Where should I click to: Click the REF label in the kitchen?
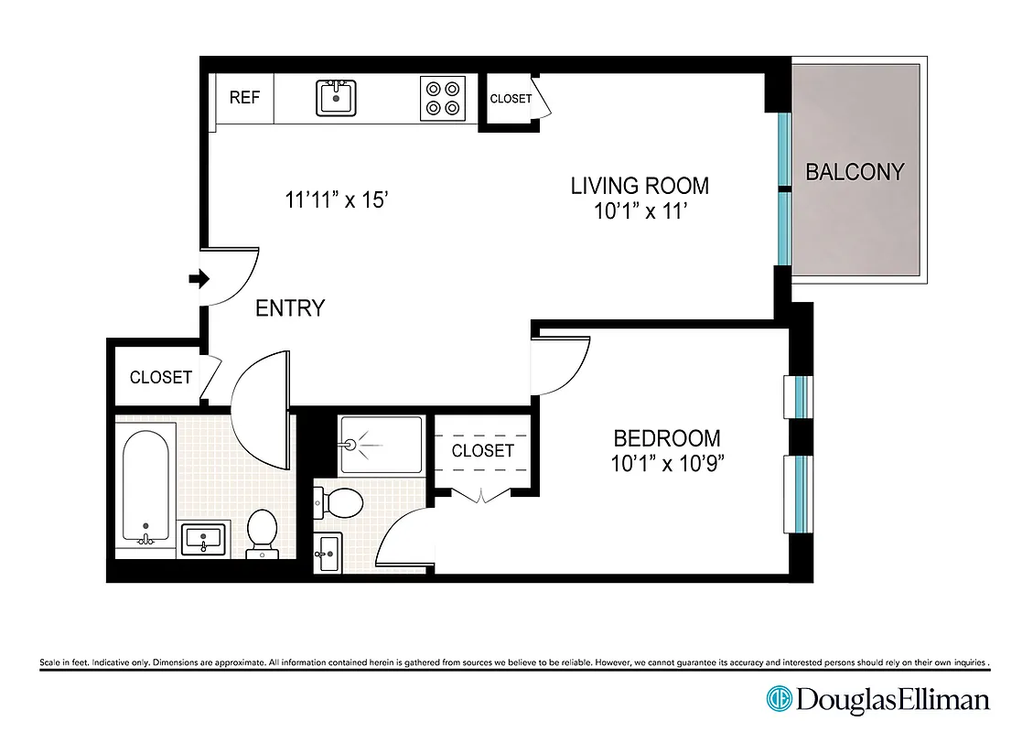click(244, 98)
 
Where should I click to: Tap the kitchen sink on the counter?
click(337, 97)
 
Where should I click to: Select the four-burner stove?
click(442, 98)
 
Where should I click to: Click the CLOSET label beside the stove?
click(511, 99)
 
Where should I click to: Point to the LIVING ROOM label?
click(640, 186)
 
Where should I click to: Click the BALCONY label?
click(855, 172)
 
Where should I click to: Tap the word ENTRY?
click(290, 308)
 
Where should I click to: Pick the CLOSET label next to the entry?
click(161, 377)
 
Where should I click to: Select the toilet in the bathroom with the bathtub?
click(262, 533)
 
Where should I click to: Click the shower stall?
click(381, 445)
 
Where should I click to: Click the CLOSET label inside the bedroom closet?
click(482, 450)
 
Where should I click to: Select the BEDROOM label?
click(666, 438)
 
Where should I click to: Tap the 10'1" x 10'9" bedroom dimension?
click(668, 463)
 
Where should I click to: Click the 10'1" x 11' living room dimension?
click(640, 211)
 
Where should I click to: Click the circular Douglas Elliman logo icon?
click(779, 700)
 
